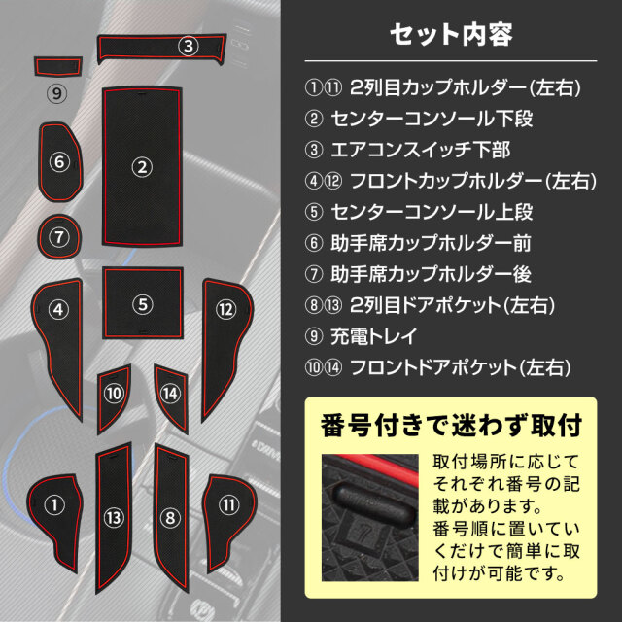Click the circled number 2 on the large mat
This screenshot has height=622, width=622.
tap(142, 167)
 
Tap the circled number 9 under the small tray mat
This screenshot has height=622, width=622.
tap(57, 93)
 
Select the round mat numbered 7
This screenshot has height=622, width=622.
tap(59, 237)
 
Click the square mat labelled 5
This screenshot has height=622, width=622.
tap(143, 303)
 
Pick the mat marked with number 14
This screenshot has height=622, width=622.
tap(171, 397)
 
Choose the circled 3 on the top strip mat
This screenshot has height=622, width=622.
tap(188, 46)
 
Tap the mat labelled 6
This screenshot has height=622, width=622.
tap(60, 162)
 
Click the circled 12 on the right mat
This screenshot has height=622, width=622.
tap(226, 309)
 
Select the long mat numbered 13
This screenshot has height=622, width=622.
tap(114, 518)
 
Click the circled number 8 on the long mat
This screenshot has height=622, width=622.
tap(170, 518)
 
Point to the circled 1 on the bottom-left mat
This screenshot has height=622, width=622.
tap(54, 505)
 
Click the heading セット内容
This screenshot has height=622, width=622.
tap(451, 35)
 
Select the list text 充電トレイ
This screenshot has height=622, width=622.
tap(373, 336)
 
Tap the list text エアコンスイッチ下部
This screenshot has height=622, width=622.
tap(421, 151)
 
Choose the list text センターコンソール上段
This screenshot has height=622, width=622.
tap(432, 212)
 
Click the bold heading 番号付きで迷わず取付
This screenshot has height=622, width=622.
tap(451, 426)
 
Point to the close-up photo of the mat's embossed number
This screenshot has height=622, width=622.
tap(369, 518)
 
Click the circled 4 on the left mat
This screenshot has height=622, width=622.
tap(58, 309)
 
